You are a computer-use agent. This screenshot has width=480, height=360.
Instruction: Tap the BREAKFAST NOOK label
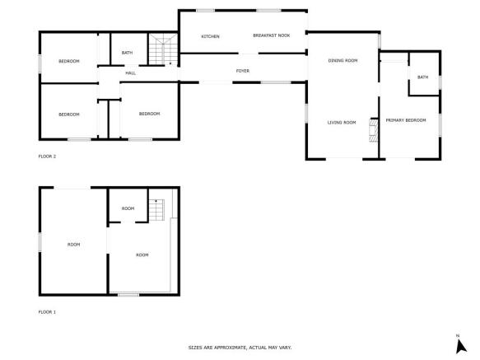point(272,35)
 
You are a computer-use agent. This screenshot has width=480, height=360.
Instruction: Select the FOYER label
point(242,71)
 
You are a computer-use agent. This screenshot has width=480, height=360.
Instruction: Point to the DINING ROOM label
point(343,60)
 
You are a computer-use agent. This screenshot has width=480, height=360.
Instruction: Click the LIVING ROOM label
point(341,122)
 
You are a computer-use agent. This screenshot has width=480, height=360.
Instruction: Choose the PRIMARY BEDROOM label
point(406,120)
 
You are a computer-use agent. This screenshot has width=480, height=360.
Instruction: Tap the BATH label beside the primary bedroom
point(422,77)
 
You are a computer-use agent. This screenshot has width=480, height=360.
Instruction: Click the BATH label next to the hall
point(127,53)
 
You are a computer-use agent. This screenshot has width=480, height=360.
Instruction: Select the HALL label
point(130,73)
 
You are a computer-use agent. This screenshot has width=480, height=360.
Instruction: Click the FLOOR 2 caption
point(47,156)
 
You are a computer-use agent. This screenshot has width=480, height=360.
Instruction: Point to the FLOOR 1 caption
point(47,312)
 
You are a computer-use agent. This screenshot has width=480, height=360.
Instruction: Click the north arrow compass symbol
point(460,344)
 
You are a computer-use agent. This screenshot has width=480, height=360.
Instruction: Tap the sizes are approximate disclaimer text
point(240,348)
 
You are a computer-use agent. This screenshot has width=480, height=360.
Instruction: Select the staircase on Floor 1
point(156,210)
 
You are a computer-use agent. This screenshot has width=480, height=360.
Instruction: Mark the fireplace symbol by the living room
point(373,131)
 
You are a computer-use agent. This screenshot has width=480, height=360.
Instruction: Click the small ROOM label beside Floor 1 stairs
point(128,208)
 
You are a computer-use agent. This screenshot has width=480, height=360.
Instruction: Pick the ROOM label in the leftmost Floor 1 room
point(73,244)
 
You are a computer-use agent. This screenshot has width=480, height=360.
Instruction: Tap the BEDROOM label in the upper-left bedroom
point(68,62)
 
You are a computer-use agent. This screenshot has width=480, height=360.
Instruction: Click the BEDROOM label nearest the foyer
point(149,114)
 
